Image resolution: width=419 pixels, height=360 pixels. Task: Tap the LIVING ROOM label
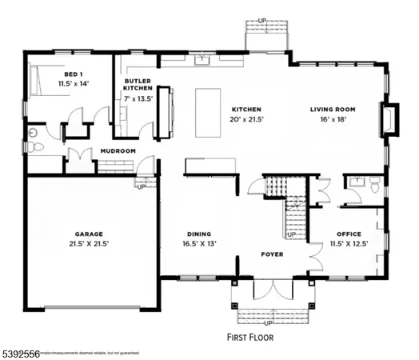pyautogui.click(x=333, y=110)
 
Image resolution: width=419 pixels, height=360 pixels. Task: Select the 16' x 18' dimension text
pyautogui.click(x=333, y=120)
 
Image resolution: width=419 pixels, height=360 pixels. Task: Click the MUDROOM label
pyautogui.click(x=118, y=151)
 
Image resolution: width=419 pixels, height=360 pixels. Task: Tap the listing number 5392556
pyautogui.click(x=18, y=351)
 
